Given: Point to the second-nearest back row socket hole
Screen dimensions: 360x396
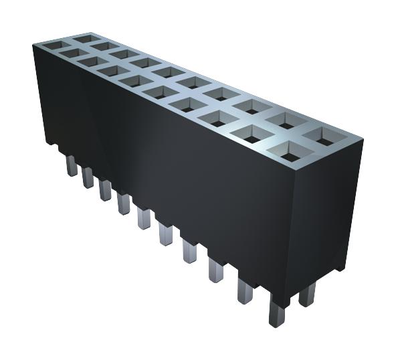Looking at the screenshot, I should (286, 121).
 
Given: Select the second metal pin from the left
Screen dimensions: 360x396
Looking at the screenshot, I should (87, 177).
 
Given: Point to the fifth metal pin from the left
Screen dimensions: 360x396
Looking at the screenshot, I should (142, 218).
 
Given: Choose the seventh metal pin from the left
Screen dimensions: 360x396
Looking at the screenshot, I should (189, 252).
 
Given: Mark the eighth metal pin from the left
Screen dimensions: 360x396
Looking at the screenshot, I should (215, 270).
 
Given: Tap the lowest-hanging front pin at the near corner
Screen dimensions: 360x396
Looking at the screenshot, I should (276, 311).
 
